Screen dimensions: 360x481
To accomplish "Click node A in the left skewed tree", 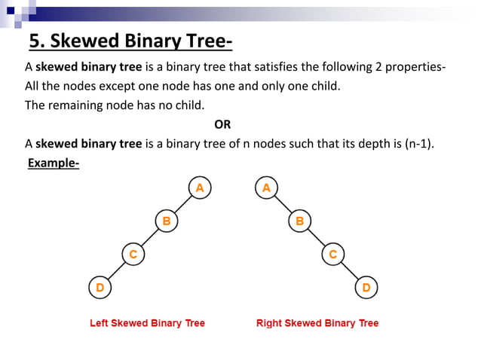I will tap(199, 188).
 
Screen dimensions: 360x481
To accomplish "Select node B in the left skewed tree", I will tap(166, 221).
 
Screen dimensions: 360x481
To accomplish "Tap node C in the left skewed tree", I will tap(133, 254).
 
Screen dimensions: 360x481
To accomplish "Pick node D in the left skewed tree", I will tap(100, 287).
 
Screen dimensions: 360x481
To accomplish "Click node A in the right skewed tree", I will tap(266, 188).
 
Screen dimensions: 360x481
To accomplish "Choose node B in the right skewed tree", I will tap(299, 221).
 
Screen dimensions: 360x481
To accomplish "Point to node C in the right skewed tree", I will tap(332, 254).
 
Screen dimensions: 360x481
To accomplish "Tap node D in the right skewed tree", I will tap(366, 287).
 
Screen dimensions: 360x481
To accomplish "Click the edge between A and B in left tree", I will tap(182, 204).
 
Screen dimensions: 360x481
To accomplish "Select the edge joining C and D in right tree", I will tap(349, 270).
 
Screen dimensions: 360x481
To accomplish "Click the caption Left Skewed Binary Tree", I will tap(147, 323).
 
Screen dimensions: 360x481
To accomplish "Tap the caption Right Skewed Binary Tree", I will tap(317, 323).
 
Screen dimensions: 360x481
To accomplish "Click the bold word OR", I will tap(222, 124).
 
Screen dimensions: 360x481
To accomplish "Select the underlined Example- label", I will tap(53, 163).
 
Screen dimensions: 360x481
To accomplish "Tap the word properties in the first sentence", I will tap(415, 66).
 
